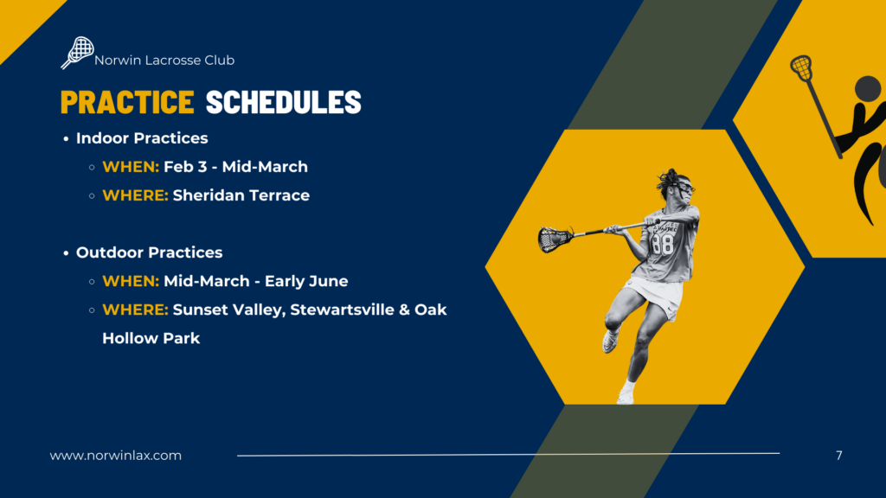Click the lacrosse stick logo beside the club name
point(77,53)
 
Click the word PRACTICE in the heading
point(127,102)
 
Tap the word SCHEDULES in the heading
point(283,102)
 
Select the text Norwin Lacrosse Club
point(164,61)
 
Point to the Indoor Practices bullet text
point(142,138)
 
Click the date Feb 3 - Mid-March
point(235,167)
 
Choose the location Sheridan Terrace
point(241,195)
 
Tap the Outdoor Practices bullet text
point(149,252)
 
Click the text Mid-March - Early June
point(256,281)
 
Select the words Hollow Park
point(151,338)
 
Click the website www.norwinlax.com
point(116,456)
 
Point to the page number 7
point(839,456)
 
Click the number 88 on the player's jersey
point(662,244)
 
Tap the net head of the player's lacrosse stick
point(555,239)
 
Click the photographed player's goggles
point(685,188)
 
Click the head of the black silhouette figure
point(867,89)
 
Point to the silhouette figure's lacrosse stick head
point(801,67)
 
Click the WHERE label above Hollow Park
point(136,310)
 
